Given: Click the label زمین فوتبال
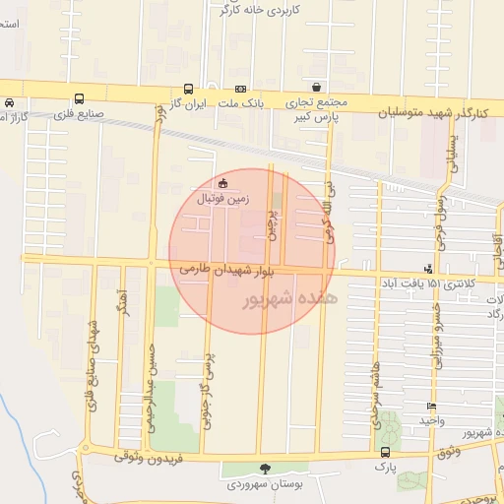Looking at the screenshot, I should tap(225, 198).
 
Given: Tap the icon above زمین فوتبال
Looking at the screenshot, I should tap(223, 182).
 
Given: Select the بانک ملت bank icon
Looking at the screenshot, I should tap(241, 88).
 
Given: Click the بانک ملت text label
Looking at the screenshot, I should tap(241, 102).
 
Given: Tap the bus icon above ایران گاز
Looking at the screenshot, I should tap(189, 88).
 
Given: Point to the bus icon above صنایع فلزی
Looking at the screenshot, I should tap(79, 98).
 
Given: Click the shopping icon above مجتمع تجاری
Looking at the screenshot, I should tap(315, 87).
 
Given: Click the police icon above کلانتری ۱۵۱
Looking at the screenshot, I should tap(428, 268).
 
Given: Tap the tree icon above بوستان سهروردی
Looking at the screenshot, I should tap(263, 469).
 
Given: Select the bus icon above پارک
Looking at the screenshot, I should tap(385, 452).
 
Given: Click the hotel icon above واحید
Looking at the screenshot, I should tap(431, 407).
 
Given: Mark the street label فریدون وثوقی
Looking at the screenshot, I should tap(147, 456).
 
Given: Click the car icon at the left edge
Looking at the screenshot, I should tap(8, 102).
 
